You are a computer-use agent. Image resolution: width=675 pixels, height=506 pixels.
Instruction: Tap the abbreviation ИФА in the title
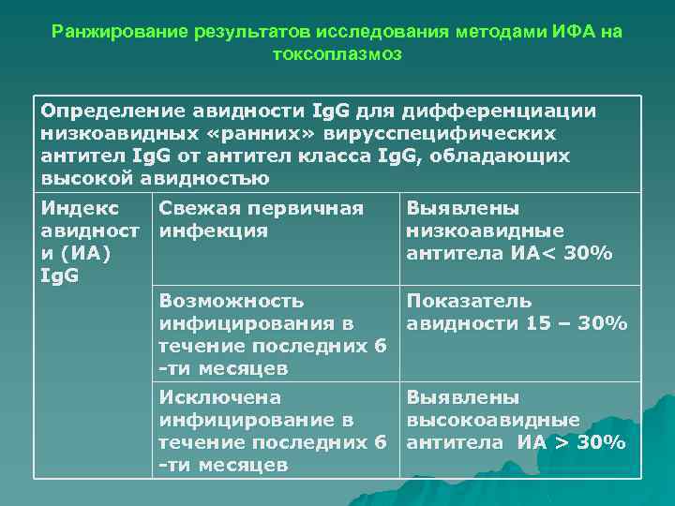(x=573, y=33)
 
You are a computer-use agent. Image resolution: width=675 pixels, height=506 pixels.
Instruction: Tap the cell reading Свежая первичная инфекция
(x=261, y=219)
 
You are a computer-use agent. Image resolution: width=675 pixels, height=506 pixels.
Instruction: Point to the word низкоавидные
(x=485, y=231)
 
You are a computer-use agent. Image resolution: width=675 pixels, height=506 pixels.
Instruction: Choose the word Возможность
(x=232, y=301)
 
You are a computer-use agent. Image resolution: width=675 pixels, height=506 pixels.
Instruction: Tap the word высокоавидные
(x=492, y=420)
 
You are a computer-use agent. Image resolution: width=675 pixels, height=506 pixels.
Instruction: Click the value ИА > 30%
(x=572, y=442)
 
